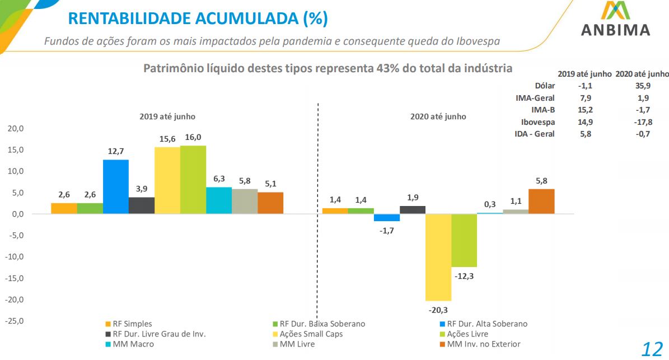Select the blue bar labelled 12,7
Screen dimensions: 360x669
115,186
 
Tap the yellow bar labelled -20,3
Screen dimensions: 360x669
438,257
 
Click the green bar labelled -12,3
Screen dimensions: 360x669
464,240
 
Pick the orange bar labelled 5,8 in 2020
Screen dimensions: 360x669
541,201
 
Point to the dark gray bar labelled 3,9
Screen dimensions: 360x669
142,205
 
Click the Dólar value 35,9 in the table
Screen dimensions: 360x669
642,86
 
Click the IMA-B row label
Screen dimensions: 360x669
542,110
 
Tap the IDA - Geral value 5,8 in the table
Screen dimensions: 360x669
585,134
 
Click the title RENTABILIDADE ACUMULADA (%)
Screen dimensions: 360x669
198,18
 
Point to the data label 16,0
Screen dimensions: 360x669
193,137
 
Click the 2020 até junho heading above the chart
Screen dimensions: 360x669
438,116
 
